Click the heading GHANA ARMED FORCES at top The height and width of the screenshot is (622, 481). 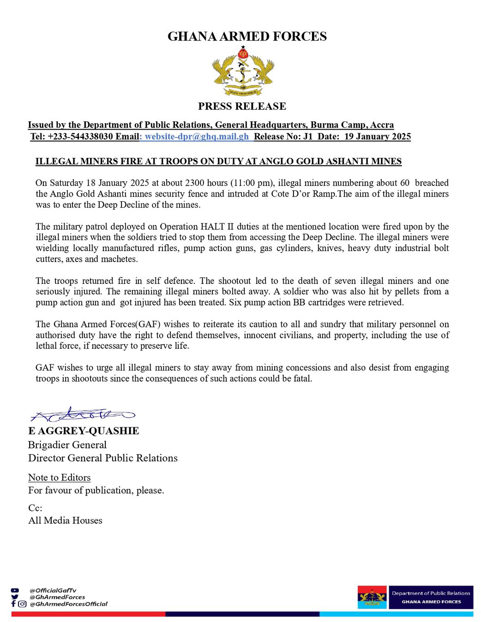coord(247,36)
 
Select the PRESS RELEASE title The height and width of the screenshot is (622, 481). coord(242,106)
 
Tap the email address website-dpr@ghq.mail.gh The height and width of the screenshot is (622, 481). coord(197,137)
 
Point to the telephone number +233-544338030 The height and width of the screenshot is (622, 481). coord(80,137)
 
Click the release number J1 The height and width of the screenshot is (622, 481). coord(308,137)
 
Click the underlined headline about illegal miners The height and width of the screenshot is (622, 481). coord(218,161)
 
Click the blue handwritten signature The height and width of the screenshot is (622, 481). coord(83,414)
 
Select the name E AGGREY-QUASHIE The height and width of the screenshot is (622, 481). coord(84,431)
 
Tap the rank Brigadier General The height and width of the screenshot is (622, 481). coord(67,445)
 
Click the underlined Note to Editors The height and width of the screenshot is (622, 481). coord(59,478)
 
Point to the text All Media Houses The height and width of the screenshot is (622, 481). coord(65,520)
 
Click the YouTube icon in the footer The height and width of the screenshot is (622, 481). coord(15,590)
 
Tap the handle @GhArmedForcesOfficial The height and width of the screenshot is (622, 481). coord(68,604)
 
